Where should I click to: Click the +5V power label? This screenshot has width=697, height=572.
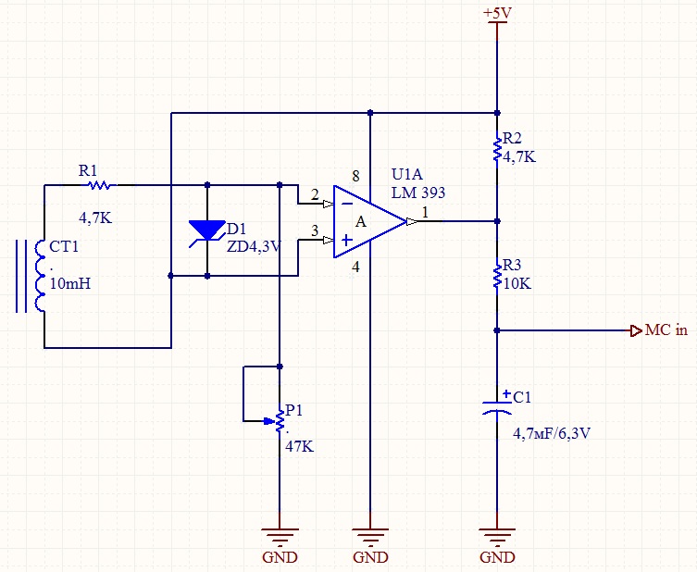(x=497, y=13)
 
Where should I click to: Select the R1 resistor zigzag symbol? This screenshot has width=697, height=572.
(x=99, y=185)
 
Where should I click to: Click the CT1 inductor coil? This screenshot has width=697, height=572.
(x=40, y=276)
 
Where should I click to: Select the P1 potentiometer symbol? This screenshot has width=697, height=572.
(x=273, y=420)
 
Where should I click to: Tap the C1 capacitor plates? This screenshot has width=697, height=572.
(x=497, y=407)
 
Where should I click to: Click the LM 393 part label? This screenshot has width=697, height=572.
(x=418, y=193)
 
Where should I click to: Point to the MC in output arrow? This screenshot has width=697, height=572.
(x=636, y=330)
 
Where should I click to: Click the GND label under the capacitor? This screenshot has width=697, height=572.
(x=497, y=557)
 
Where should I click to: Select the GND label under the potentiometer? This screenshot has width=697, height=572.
(x=280, y=557)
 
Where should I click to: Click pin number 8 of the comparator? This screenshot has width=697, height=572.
(x=355, y=176)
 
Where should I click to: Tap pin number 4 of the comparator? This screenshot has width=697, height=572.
(x=355, y=267)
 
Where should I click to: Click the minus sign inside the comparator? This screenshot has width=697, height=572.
(x=347, y=204)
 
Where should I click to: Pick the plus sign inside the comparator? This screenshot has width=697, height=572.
(x=347, y=240)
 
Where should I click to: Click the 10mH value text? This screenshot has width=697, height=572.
(x=70, y=283)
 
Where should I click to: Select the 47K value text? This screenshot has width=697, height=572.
(x=299, y=446)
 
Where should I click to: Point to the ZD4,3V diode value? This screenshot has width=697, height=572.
(x=254, y=246)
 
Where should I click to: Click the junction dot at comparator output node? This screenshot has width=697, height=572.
(x=497, y=221)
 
